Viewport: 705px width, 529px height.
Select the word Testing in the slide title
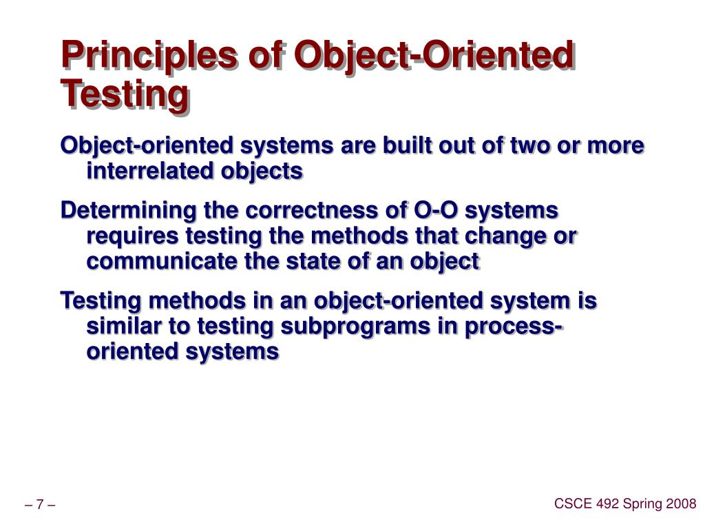(x=124, y=94)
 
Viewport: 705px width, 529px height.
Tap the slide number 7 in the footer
(x=40, y=506)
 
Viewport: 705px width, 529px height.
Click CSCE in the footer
(x=569, y=504)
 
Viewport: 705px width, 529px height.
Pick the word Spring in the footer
(x=644, y=504)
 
